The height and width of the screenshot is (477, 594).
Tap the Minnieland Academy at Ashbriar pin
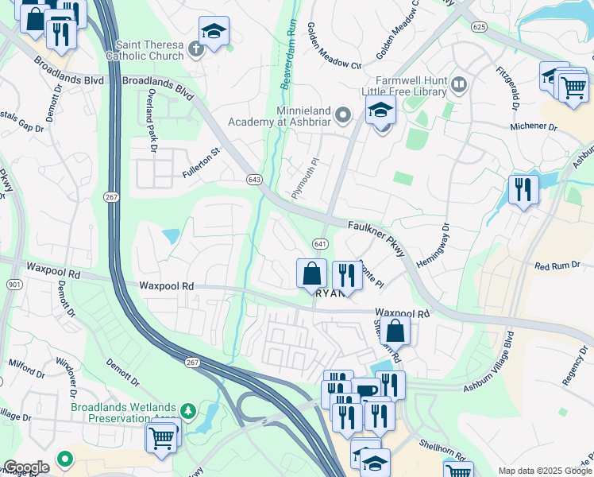point(343,116)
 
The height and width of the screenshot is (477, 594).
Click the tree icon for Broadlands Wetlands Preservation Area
point(188,411)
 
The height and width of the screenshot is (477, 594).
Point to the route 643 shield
point(254,179)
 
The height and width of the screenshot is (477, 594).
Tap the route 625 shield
point(478,27)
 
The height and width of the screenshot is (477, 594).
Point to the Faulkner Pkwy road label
point(376,238)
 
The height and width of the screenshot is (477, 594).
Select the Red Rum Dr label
point(553,266)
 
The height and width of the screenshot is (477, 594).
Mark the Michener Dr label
point(533,126)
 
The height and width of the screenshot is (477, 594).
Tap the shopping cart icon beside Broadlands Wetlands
point(161,436)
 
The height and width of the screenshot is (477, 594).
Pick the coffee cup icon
point(367,391)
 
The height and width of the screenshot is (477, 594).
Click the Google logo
point(26,467)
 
